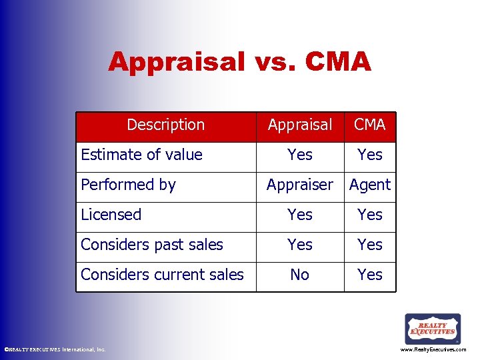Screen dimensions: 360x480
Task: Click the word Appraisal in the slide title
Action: [x=177, y=62]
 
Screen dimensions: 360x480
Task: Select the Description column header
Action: [x=165, y=125]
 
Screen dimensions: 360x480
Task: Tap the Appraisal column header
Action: [x=299, y=125]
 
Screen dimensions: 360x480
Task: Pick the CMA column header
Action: [x=369, y=125]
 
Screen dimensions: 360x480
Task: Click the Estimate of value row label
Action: [x=141, y=155]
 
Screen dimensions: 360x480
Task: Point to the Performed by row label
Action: [x=128, y=185]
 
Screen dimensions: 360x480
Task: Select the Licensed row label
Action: [x=111, y=215]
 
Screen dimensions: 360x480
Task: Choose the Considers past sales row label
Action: [x=152, y=245]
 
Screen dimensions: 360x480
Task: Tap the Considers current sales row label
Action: [x=162, y=275]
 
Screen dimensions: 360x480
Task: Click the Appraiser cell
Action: [x=299, y=185]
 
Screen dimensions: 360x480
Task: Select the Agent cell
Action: [x=370, y=185]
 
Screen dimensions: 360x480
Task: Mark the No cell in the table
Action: [x=299, y=275]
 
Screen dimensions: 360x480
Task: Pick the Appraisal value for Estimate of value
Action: [x=299, y=155]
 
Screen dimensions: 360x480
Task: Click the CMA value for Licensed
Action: [x=370, y=215]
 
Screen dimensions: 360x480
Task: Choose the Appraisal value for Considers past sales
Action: [x=299, y=245]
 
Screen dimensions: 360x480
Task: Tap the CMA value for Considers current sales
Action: [x=370, y=275]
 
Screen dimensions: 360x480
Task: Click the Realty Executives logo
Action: [x=433, y=329]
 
